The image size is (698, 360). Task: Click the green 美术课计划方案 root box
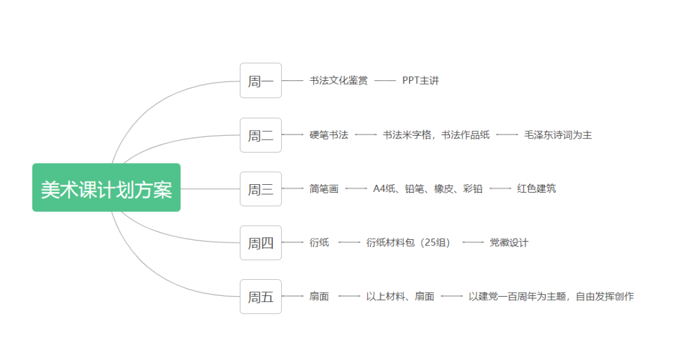106,187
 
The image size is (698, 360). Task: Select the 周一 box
260,81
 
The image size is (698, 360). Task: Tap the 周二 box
260,135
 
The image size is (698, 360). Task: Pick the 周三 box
260,189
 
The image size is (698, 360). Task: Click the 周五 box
260,297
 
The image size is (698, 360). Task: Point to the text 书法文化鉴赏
338,81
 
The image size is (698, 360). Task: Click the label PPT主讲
420,81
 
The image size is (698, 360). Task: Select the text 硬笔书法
328,135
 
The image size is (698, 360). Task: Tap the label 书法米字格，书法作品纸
436,135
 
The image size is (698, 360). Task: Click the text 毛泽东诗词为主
558,135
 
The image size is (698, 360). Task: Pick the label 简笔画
324,189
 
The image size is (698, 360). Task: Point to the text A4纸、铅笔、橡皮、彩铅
427,189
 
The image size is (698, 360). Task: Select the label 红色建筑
536,189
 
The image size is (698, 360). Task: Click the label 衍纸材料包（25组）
408,242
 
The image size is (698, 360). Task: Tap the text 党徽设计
509,242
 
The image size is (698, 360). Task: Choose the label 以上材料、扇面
400,297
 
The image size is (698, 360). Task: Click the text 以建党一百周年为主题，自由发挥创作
551,297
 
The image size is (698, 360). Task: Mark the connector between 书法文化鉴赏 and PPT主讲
385,81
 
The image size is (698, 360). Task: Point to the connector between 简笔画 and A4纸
355,189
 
